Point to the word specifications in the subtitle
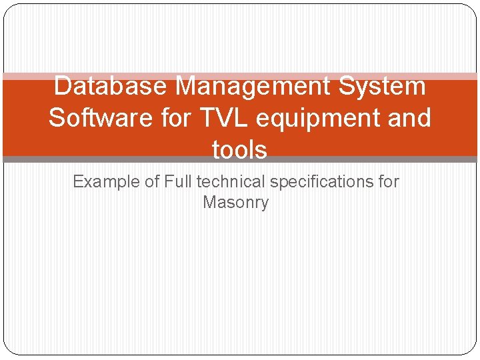pyautogui.click(x=321, y=181)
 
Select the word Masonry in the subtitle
pyautogui.click(x=235, y=202)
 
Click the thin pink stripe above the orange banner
pyautogui.click(x=240, y=77)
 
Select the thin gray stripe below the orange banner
pyautogui.click(x=240, y=160)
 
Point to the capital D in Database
pyautogui.click(x=61, y=86)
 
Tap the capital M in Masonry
pyautogui.click(x=209, y=202)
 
